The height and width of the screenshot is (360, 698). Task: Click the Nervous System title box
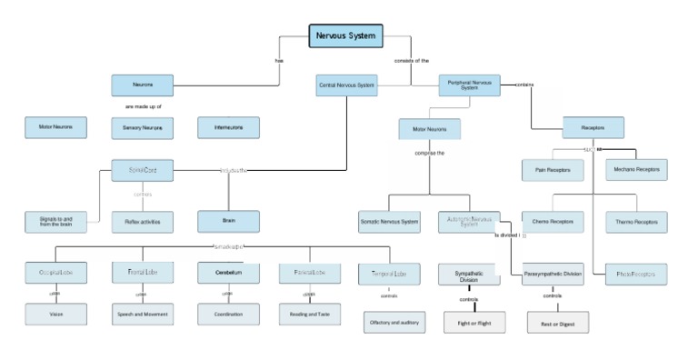point(345,35)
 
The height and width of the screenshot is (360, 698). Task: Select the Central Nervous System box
point(346,85)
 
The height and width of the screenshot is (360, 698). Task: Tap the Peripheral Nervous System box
point(470,85)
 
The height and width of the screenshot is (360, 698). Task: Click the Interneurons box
point(228,127)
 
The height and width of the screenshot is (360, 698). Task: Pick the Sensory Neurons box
point(142,127)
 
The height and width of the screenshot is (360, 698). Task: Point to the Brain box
point(228,221)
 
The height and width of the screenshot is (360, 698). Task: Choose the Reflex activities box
point(142,221)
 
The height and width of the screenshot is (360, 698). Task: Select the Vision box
point(55,315)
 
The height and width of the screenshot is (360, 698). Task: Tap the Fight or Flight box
point(474,322)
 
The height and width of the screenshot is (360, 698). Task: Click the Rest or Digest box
point(558,322)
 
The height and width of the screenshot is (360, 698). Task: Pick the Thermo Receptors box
point(636,222)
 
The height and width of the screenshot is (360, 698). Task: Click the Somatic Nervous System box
point(389,222)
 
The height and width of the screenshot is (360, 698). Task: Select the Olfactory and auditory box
point(392,322)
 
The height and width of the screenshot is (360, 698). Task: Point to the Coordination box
point(228,315)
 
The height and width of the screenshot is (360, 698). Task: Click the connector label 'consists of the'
point(412,61)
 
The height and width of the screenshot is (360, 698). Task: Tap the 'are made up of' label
point(143,107)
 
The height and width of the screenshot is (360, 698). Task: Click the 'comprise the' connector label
point(429,153)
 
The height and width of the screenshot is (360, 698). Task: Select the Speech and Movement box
point(142,315)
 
